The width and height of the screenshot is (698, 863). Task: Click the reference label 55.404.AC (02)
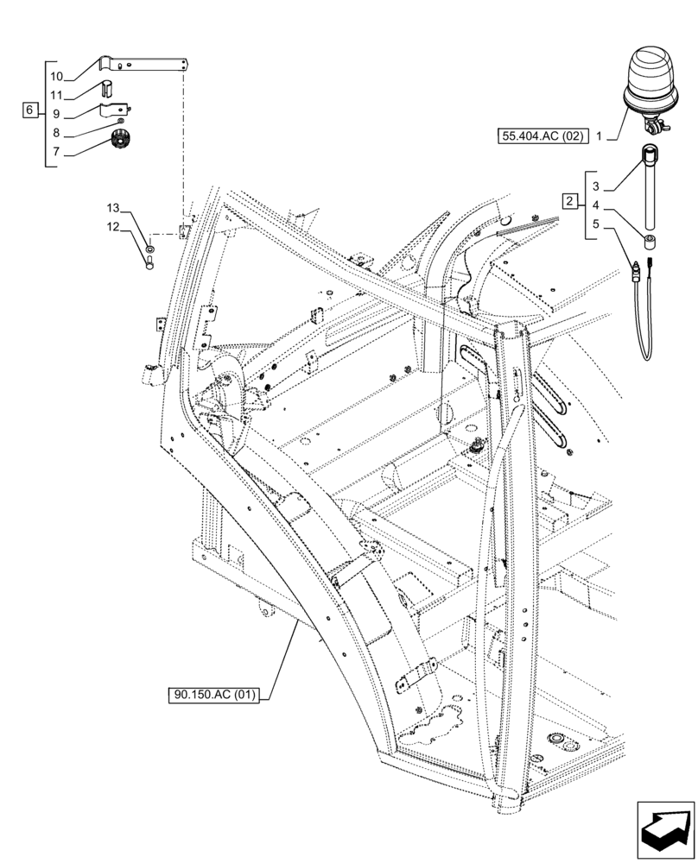541,135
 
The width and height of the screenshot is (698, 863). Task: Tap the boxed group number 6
30,110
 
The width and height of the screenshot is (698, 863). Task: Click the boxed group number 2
569,202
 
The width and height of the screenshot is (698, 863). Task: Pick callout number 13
113,209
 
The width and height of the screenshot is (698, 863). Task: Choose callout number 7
56,152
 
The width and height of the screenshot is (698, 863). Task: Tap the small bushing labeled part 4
650,238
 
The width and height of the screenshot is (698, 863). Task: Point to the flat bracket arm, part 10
147,64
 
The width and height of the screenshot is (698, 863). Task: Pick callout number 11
56,94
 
